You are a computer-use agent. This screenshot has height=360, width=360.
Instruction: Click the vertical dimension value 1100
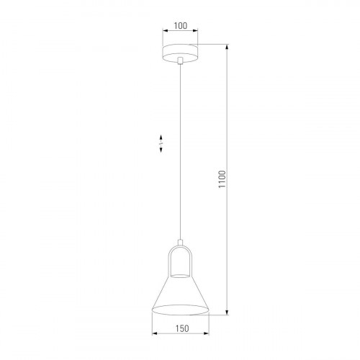222,180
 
